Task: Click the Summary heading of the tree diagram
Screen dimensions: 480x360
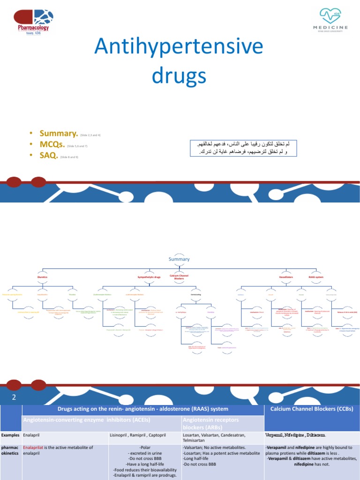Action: [179, 259]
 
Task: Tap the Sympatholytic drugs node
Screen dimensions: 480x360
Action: [149, 277]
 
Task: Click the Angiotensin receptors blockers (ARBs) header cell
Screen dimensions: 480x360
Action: [222, 423]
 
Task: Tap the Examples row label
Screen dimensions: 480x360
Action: [10, 435]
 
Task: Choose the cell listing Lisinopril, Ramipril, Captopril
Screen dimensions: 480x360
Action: [145, 435]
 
